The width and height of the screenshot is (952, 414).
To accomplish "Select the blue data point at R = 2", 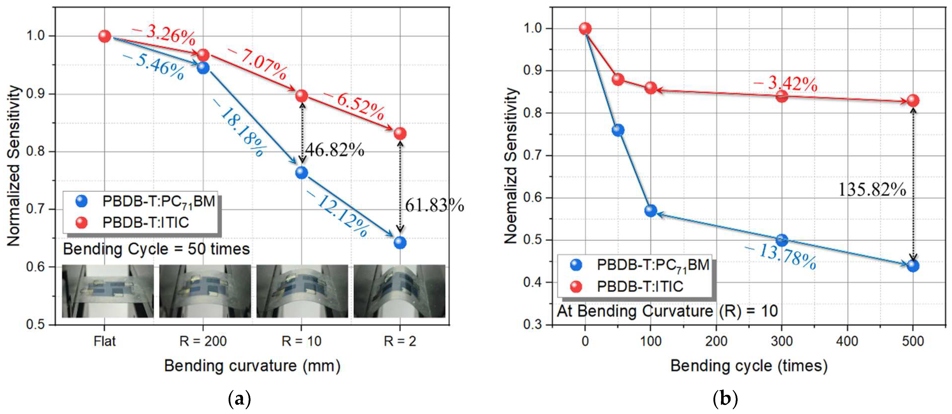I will click(400, 243).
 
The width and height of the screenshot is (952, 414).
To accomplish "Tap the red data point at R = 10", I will click(302, 96).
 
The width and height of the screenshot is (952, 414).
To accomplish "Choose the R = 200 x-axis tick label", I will click(203, 341).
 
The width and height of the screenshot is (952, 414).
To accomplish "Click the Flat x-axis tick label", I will click(105, 341).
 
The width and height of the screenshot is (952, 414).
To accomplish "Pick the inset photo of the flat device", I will click(107, 291).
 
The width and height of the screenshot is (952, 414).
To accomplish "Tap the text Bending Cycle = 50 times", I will click(156, 249).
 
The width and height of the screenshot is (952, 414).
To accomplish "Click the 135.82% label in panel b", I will click(872, 190).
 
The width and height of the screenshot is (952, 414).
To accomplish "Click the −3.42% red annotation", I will click(785, 84).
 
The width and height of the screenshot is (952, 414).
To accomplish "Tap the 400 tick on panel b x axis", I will click(847, 341).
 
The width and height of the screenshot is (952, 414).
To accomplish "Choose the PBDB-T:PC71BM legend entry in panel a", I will click(159, 202).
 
